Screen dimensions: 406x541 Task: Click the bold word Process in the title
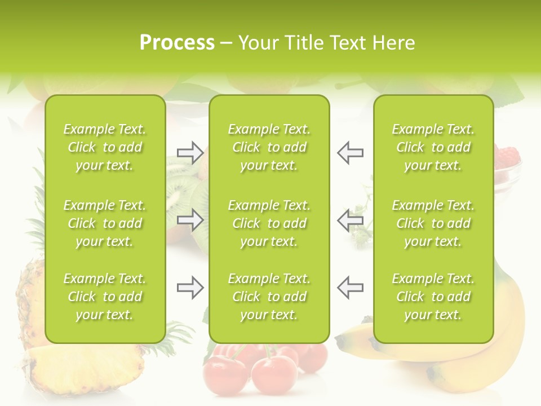pos(177,43)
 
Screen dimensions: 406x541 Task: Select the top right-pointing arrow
pos(190,153)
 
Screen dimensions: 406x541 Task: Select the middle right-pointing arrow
pos(190,220)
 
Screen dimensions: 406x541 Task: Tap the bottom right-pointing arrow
pos(190,288)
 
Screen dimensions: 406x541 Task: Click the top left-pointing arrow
pos(350,153)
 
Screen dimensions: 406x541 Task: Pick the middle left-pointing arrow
pos(350,220)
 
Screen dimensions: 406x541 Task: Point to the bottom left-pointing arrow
pos(350,288)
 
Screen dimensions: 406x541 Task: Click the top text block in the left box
pos(105,147)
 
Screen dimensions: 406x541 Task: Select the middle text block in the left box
pos(105,223)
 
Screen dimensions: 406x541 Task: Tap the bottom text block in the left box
pos(105,297)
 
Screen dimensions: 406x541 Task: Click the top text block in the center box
pos(269,147)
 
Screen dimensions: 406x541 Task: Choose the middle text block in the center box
pos(269,223)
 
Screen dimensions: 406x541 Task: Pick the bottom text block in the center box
pos(269,297)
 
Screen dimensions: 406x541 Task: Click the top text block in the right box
pos(433,147)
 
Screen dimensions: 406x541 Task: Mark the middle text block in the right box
pos(433,223)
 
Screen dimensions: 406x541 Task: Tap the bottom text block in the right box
pos(433,297)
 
